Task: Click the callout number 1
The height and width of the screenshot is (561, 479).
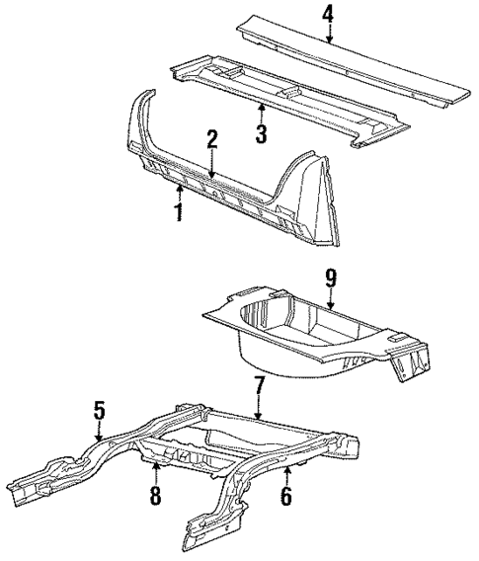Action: point(178,211)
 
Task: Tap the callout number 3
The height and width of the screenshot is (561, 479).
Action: point(261,132)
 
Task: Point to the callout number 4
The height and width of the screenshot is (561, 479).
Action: point(328,14)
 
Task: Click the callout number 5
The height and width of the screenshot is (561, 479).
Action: point(99,408)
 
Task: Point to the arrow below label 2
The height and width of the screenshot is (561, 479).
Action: point(210,168)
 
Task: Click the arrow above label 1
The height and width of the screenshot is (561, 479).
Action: point(178,188)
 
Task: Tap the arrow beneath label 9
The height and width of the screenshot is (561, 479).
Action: point(332,302)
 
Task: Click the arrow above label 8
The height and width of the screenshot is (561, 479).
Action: point(154,468)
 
